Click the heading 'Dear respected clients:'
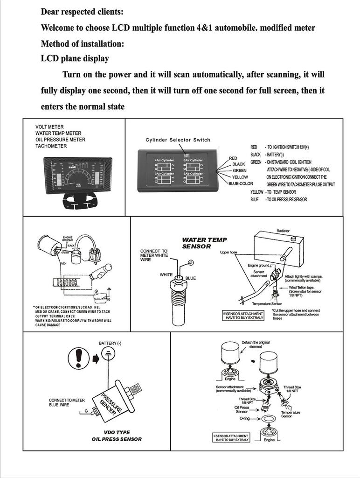tap(83, 11)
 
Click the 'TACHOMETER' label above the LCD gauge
tap(51, 146)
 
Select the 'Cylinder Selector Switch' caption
tap(178, 140)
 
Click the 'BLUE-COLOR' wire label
tap(241, 183)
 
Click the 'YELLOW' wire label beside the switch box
tap(240, 177)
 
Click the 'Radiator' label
tap(283, 231)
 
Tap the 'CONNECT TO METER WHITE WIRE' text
tap(153, 255)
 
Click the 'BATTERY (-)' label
tap(110, 344)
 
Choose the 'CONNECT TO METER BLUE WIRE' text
tap(67, 403)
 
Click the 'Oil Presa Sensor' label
tap(241, 409)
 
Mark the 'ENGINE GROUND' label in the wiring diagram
tap(68, 239)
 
